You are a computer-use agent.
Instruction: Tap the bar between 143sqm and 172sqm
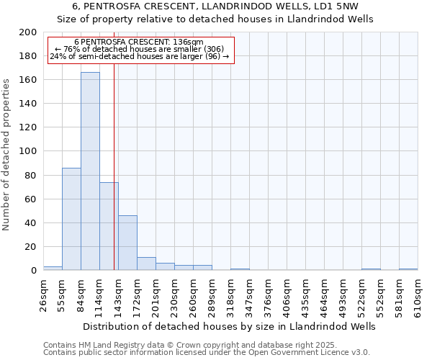click(127, 243)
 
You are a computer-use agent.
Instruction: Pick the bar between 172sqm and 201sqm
click(146, 264)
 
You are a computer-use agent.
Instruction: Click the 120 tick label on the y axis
click(28, 127)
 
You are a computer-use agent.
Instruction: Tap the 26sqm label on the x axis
click(43, 296)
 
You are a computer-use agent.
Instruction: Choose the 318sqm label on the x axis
click(230, 296)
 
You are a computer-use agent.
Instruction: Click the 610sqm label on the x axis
click(418, 296)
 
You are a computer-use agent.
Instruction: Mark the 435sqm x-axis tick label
click(305, 296)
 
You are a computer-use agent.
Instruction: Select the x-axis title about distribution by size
click(230, 326)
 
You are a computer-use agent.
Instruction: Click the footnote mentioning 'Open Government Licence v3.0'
click(207, 353)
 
